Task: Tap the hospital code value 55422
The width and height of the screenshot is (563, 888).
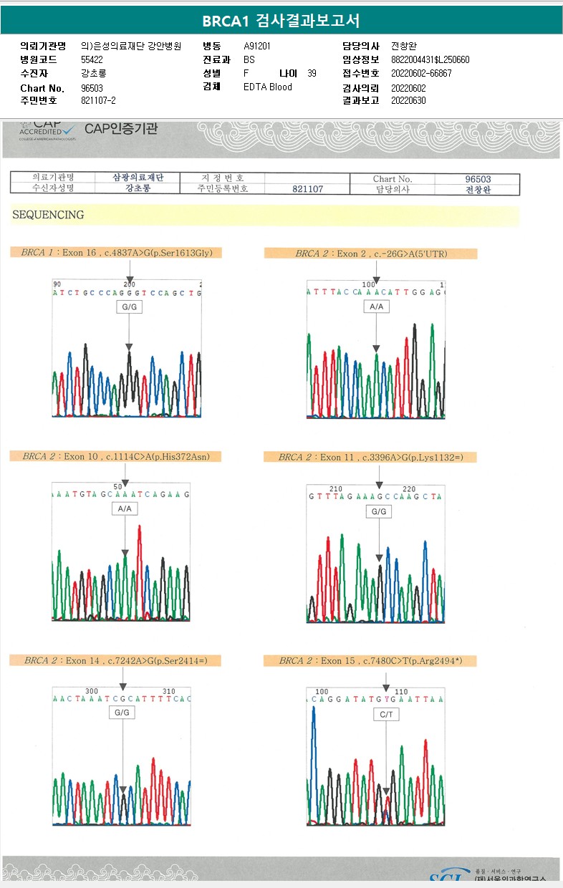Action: tap(92, 59)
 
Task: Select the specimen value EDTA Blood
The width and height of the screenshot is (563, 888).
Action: tap(268, 87)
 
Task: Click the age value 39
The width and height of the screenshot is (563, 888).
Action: tap(312, 73)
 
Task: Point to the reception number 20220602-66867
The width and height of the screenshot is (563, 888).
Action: tap(422, 73)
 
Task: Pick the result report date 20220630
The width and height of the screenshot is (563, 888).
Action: tap(409, 100)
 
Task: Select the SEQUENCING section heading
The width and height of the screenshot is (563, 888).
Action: tap(48, 215)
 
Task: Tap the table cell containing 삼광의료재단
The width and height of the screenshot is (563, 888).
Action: tap(138, 178)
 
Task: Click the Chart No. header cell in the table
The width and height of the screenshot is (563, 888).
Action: tap(393, 178)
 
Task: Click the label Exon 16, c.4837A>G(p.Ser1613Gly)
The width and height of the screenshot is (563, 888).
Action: tap(117, 252)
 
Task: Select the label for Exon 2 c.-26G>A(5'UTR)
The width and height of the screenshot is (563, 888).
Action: tap(370, 254)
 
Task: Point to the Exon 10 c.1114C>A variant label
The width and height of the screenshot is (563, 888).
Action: tap(115, 456)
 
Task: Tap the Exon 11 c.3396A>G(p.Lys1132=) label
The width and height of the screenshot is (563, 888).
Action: tap(367, 457)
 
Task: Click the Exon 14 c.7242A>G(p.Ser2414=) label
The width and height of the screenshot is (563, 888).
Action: tap(115, 660)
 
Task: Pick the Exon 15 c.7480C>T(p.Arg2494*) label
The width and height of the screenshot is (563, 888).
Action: tap(367, 660)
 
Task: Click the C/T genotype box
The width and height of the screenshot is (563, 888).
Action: tap(386, 715)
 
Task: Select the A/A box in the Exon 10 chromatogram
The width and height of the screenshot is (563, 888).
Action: tap(124, 508)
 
